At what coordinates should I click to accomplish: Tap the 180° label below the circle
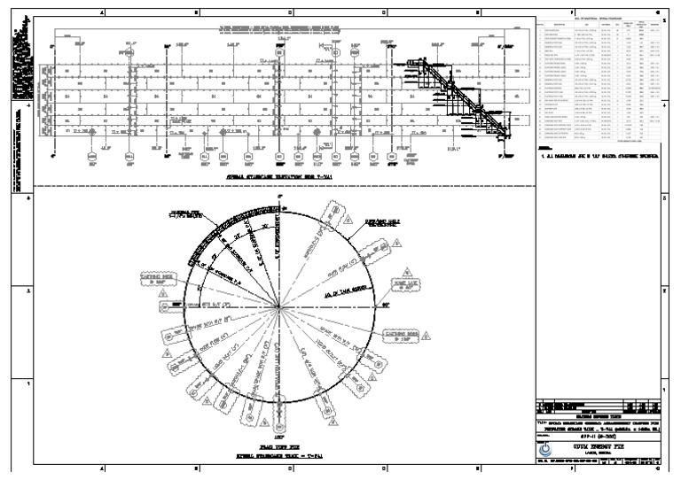pos(278,437)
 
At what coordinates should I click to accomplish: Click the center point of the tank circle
pos(278,307)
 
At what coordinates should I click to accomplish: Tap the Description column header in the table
pos(560,25)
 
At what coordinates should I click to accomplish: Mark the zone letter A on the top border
pos(102,12)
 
